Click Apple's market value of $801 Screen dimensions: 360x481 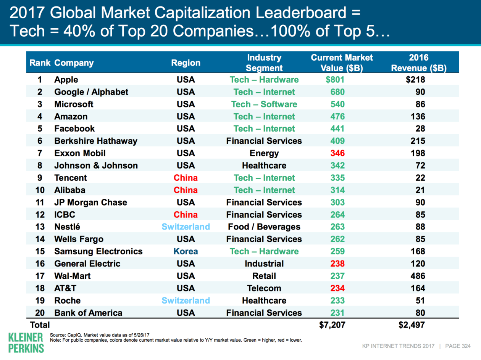click(335, 80)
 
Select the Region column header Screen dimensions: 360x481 click(186, 63)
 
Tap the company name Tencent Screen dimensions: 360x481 click(71, 178)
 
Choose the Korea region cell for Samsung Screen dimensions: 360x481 click(186, 251)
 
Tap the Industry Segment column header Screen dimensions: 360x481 click(264, 63)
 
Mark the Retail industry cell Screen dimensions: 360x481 click(264, 276)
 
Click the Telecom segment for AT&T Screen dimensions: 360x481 click(264, 288)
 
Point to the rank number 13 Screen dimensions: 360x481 click(40, 227)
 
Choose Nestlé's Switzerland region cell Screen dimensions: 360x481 click(186, 227)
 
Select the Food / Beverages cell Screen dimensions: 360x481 click(264, 227)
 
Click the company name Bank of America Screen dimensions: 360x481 click(88, 313)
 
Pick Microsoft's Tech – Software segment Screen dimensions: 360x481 click(264, 104)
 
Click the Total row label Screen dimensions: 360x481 click(40, 325)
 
